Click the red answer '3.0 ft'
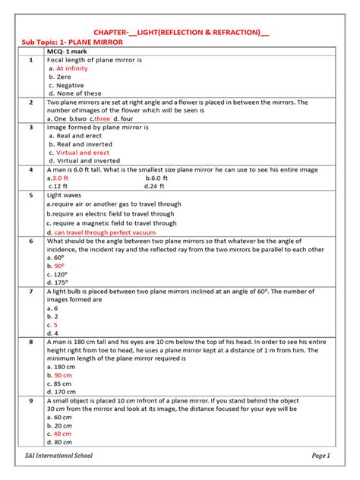(x=60, y=177)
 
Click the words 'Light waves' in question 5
(x=65, y=195)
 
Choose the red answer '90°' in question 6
(x=58, y=267)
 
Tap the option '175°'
(x=60, y=283)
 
